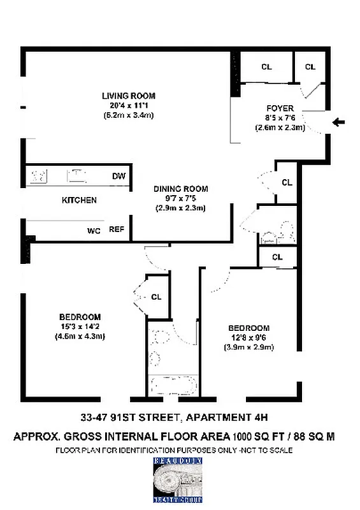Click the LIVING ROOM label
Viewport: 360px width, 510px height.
[x=128, y=96]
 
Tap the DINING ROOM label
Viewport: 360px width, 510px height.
[x=180, y=189]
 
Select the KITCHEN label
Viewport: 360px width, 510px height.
[x=79, y=200]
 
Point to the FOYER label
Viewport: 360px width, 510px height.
[x=280, y=108]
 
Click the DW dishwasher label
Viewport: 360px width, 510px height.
[x=119, y=176]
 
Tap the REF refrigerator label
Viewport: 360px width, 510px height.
[x=116, y=229]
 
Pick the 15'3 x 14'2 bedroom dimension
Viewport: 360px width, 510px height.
[x=80, y=327]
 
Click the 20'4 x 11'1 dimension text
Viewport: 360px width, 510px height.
[x=128, y=106]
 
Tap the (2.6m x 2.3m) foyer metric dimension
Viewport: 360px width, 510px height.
[x=280, y=127]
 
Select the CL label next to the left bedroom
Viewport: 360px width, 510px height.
[x=156, y=296]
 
